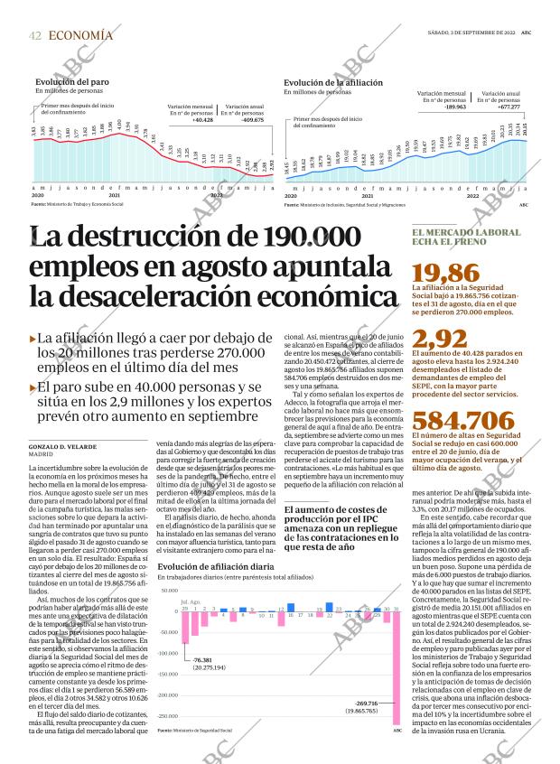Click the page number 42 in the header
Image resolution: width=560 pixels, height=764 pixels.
[35, 35]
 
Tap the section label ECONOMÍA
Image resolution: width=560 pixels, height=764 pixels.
[81, 35]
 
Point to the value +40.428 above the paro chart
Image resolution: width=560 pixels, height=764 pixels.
[202, 119]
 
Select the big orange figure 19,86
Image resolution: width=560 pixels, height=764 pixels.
[444, 274]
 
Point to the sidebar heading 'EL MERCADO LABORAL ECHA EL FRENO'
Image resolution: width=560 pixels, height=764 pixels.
[466, 238]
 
